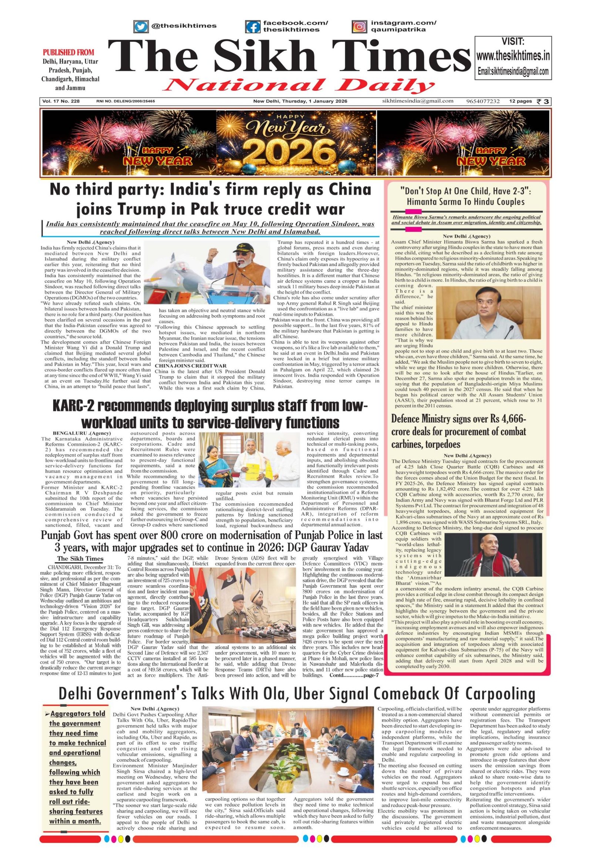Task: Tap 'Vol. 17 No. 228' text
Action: (61, 101)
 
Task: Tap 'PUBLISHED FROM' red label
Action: (68, 52)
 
